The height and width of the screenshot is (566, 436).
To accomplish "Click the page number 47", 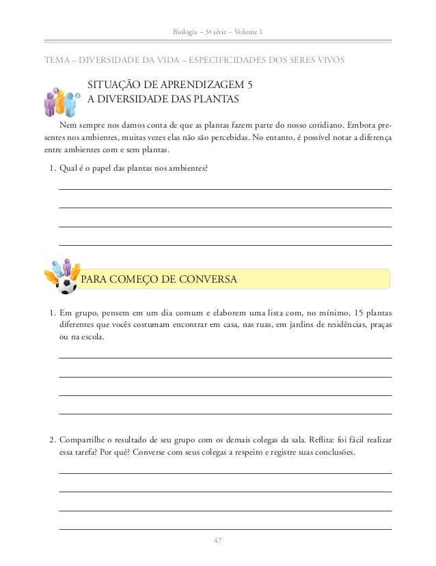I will tap(218, 541).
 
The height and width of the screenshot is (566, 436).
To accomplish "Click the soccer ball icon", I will tap(67, 285).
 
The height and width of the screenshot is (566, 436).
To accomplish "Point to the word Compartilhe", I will tap(85, 439).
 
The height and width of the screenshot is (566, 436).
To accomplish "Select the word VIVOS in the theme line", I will tap(331, 60).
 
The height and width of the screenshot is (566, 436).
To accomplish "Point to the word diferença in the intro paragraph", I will tap(372, 138).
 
